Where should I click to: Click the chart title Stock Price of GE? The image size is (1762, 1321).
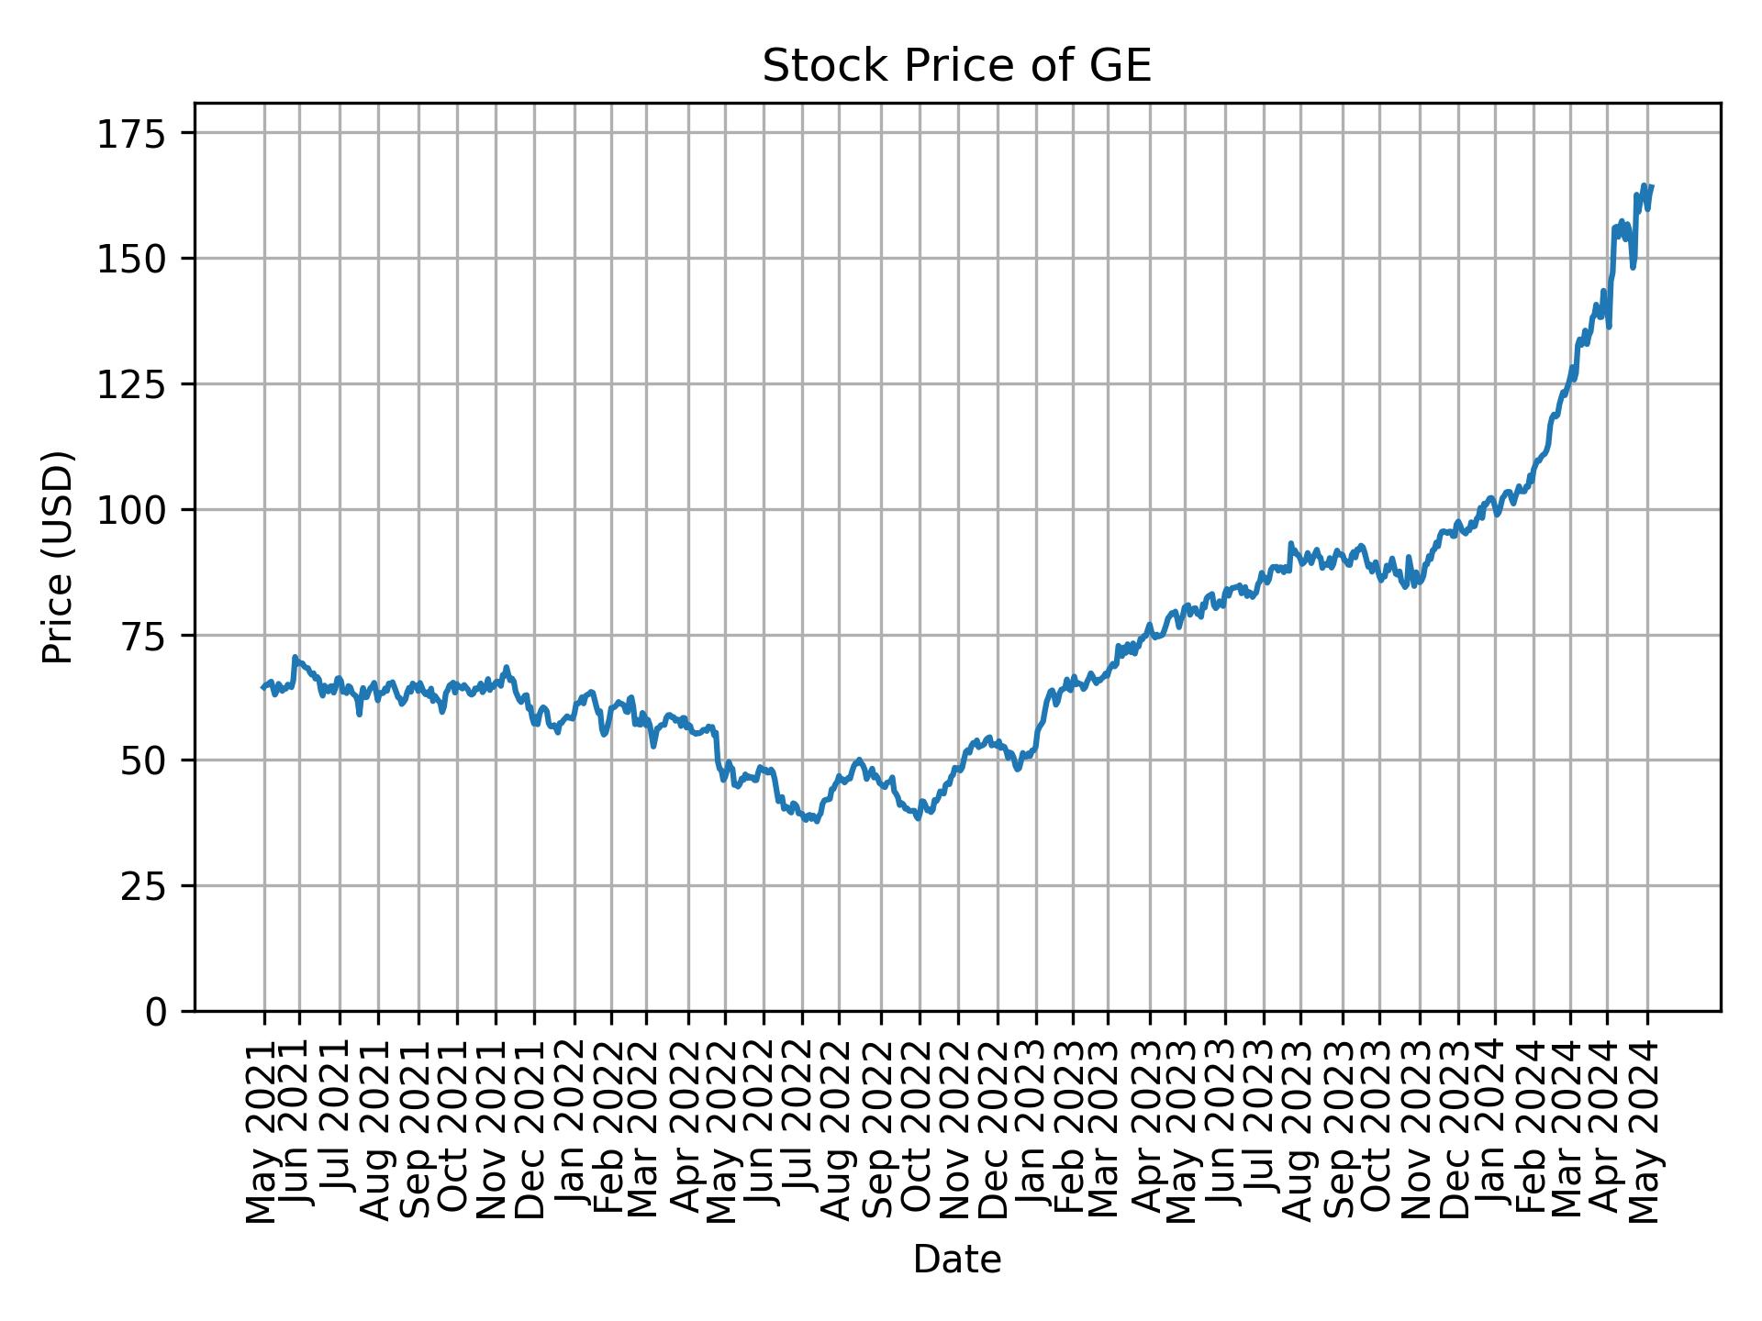pos(956,67)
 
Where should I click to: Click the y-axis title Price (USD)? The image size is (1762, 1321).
pos(58,557)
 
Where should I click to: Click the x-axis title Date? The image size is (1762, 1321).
pos(956,1260)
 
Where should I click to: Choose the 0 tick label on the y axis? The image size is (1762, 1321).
pos(156,1012)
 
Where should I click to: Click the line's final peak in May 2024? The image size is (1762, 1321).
pos(1644,185)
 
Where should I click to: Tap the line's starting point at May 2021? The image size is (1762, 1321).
pos(263,687)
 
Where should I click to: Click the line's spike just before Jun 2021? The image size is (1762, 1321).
pos(295,657)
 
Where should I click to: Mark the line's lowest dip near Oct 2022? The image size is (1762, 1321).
pos(918,818)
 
